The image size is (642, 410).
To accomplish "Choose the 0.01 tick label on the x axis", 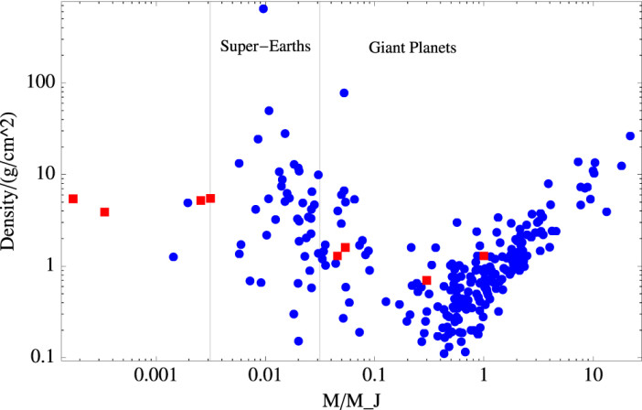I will [264, 375].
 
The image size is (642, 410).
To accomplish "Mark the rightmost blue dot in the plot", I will [630, 135].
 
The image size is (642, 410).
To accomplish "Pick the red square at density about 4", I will [105, 212].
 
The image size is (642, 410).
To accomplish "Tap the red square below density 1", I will [426, 280].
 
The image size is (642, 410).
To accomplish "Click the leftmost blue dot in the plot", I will [173, 257].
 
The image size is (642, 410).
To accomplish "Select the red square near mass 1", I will [484, 256].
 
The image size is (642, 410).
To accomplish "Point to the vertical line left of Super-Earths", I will [210, 183].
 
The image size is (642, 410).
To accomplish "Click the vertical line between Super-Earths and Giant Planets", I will [319, 183].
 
